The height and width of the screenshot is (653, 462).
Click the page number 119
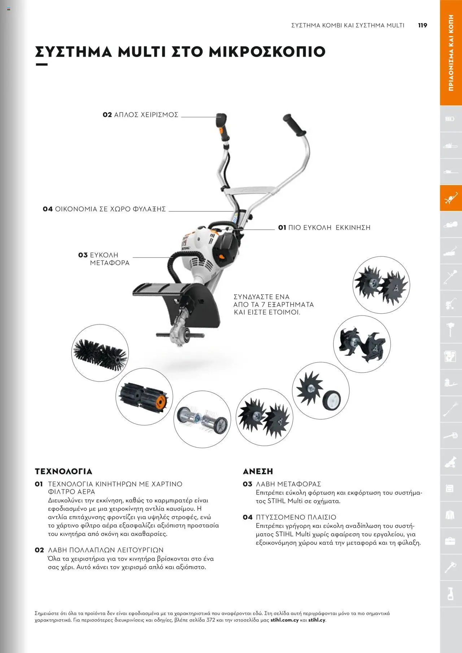pos(422,25)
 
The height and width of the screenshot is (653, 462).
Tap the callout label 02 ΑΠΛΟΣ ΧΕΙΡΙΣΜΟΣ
pos(140,115)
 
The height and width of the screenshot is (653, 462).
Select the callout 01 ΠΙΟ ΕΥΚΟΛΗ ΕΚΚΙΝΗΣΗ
pos(324,228)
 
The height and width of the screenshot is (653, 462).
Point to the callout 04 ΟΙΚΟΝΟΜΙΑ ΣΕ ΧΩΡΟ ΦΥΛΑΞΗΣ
pos(104,209)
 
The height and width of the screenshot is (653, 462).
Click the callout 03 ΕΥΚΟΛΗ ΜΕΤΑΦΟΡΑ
pos(104,259)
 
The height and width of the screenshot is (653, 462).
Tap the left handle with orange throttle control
pos(222,126)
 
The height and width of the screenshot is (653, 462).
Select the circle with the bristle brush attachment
pos(100,353)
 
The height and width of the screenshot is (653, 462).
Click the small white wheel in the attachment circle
pos(331,400)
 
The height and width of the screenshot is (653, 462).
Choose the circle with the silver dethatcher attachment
pos(202,419)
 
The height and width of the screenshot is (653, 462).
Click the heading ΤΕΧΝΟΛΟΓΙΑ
pos(64,471)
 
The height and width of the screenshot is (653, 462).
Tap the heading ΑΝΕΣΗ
pos(258,471)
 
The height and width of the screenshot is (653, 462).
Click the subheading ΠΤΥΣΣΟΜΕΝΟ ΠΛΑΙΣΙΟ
pos(296,517)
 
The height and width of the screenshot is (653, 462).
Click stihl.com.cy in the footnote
pos(284,620)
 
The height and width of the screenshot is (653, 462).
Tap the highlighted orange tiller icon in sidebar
pos(450,198)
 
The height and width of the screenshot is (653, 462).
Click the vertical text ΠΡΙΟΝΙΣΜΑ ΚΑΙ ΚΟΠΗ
pos(451,53)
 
